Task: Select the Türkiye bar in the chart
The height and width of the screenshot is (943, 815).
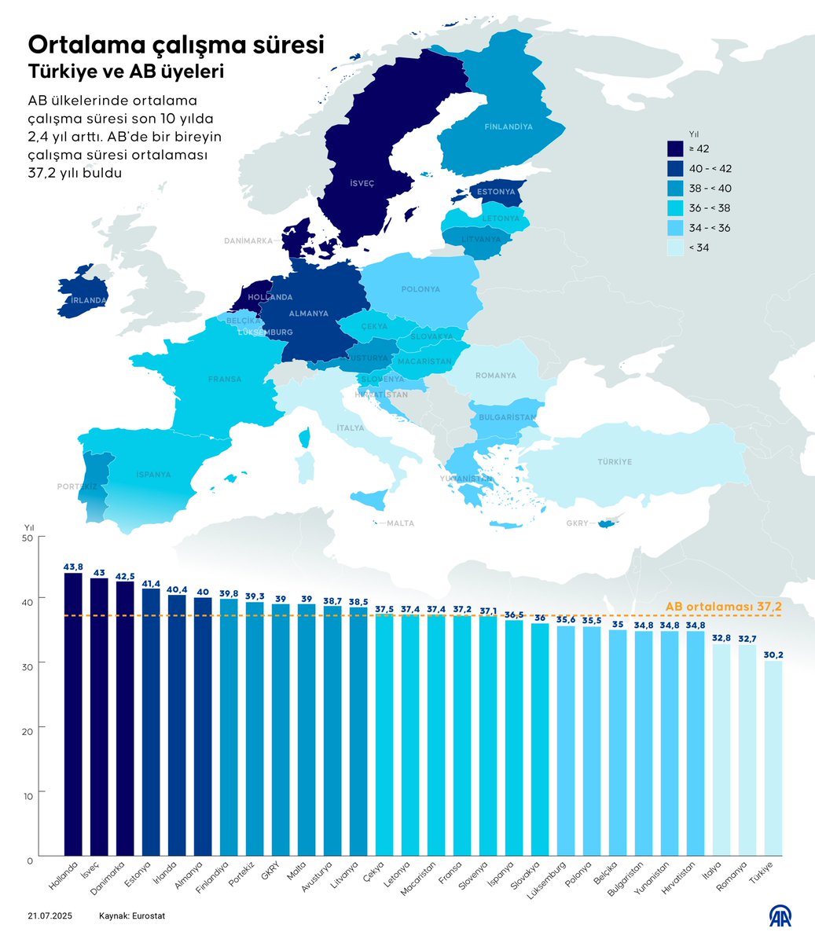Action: click(773, 758)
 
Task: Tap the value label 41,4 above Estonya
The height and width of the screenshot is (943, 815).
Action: click(150, 584)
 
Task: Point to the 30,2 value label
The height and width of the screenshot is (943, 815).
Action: click(773, 655)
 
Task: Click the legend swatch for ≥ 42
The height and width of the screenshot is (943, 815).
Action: click(675, 149)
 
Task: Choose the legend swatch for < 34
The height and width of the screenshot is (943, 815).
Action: click(675, 248)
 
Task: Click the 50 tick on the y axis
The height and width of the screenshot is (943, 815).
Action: click(31, 538)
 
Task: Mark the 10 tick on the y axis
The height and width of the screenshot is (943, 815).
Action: click(31, 795)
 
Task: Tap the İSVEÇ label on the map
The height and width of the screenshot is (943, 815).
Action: click(362, 182)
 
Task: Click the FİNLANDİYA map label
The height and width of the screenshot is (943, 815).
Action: click(508, 127)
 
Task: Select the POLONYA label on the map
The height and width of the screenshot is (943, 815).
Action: click(420, 289)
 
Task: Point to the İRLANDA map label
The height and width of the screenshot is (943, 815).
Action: click(87, 300)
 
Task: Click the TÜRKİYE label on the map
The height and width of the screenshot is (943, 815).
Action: click(614, 462)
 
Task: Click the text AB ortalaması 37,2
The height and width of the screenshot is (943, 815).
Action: click(723, 607)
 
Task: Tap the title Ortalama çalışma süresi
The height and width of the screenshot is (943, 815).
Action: click(176, 43)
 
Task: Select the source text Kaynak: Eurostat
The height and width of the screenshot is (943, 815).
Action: click(132, 916)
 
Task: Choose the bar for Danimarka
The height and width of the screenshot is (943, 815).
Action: click(124, 718)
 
